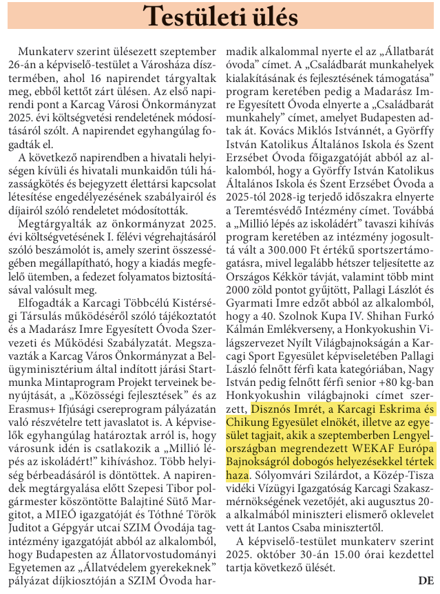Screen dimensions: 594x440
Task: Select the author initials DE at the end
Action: (426, 580)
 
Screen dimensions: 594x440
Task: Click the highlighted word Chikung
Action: (244, 422)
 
